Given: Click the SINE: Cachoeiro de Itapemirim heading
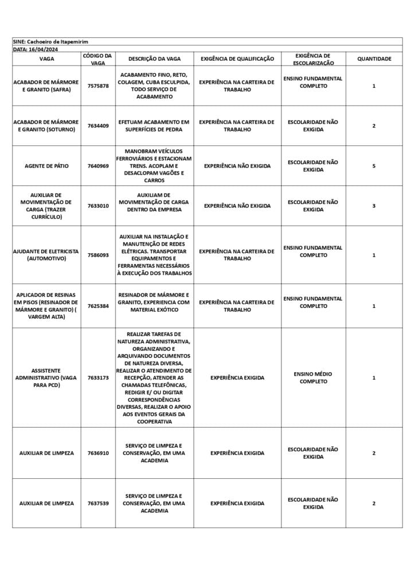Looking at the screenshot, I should [x=50, y=42].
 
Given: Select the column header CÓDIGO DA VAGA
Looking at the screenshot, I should [x=97, y=59].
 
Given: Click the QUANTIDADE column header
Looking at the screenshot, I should [x=374, y=59].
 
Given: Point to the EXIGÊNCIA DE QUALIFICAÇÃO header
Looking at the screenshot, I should [x=237, y=59].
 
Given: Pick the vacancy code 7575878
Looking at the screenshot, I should [x=98, y=86].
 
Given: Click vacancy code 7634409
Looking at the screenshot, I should [x=98, y=126].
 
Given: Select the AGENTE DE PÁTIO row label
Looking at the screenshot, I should [x=46, y=166].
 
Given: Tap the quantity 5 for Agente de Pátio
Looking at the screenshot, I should [x=374, y=166].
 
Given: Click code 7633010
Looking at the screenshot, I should [x=98, y=206].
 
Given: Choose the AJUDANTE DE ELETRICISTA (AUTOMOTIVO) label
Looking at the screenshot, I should [x=46, y=255].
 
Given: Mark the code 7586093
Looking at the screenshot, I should [x=98, y=255].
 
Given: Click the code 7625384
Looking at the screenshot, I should [x=98, y=306].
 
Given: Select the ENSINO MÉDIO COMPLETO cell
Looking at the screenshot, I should [x=313, y=378].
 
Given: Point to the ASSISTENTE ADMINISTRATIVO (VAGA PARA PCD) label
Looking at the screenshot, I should [x=46, y=378].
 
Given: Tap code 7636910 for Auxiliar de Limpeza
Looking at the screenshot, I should [x=98, y=453].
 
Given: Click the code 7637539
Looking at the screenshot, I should [x=98, y=504].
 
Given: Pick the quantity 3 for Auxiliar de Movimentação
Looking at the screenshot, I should [x=374, y=206].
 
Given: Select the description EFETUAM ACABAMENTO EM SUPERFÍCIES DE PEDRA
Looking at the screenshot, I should [x=154, y=126].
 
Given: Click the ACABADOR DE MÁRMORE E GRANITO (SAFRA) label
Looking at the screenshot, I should [x=46, y=86].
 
